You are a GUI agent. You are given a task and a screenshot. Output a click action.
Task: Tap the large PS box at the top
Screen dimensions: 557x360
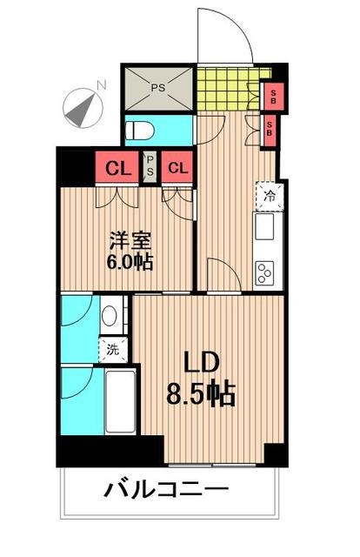coord(157,87)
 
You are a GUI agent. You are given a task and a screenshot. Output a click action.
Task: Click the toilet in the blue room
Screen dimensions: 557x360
coord(142,131)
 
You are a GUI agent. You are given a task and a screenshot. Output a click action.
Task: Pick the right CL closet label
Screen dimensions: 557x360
coord(177,168)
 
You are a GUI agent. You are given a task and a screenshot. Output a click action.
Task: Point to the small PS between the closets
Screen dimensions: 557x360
coord(149,166)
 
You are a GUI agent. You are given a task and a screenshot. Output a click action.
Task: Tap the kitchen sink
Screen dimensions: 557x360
coord(264,231)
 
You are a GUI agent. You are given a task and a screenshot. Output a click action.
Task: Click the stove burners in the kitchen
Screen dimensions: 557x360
coord(264,272)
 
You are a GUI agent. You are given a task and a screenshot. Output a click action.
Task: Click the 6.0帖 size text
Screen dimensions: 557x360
coord(130,261)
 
